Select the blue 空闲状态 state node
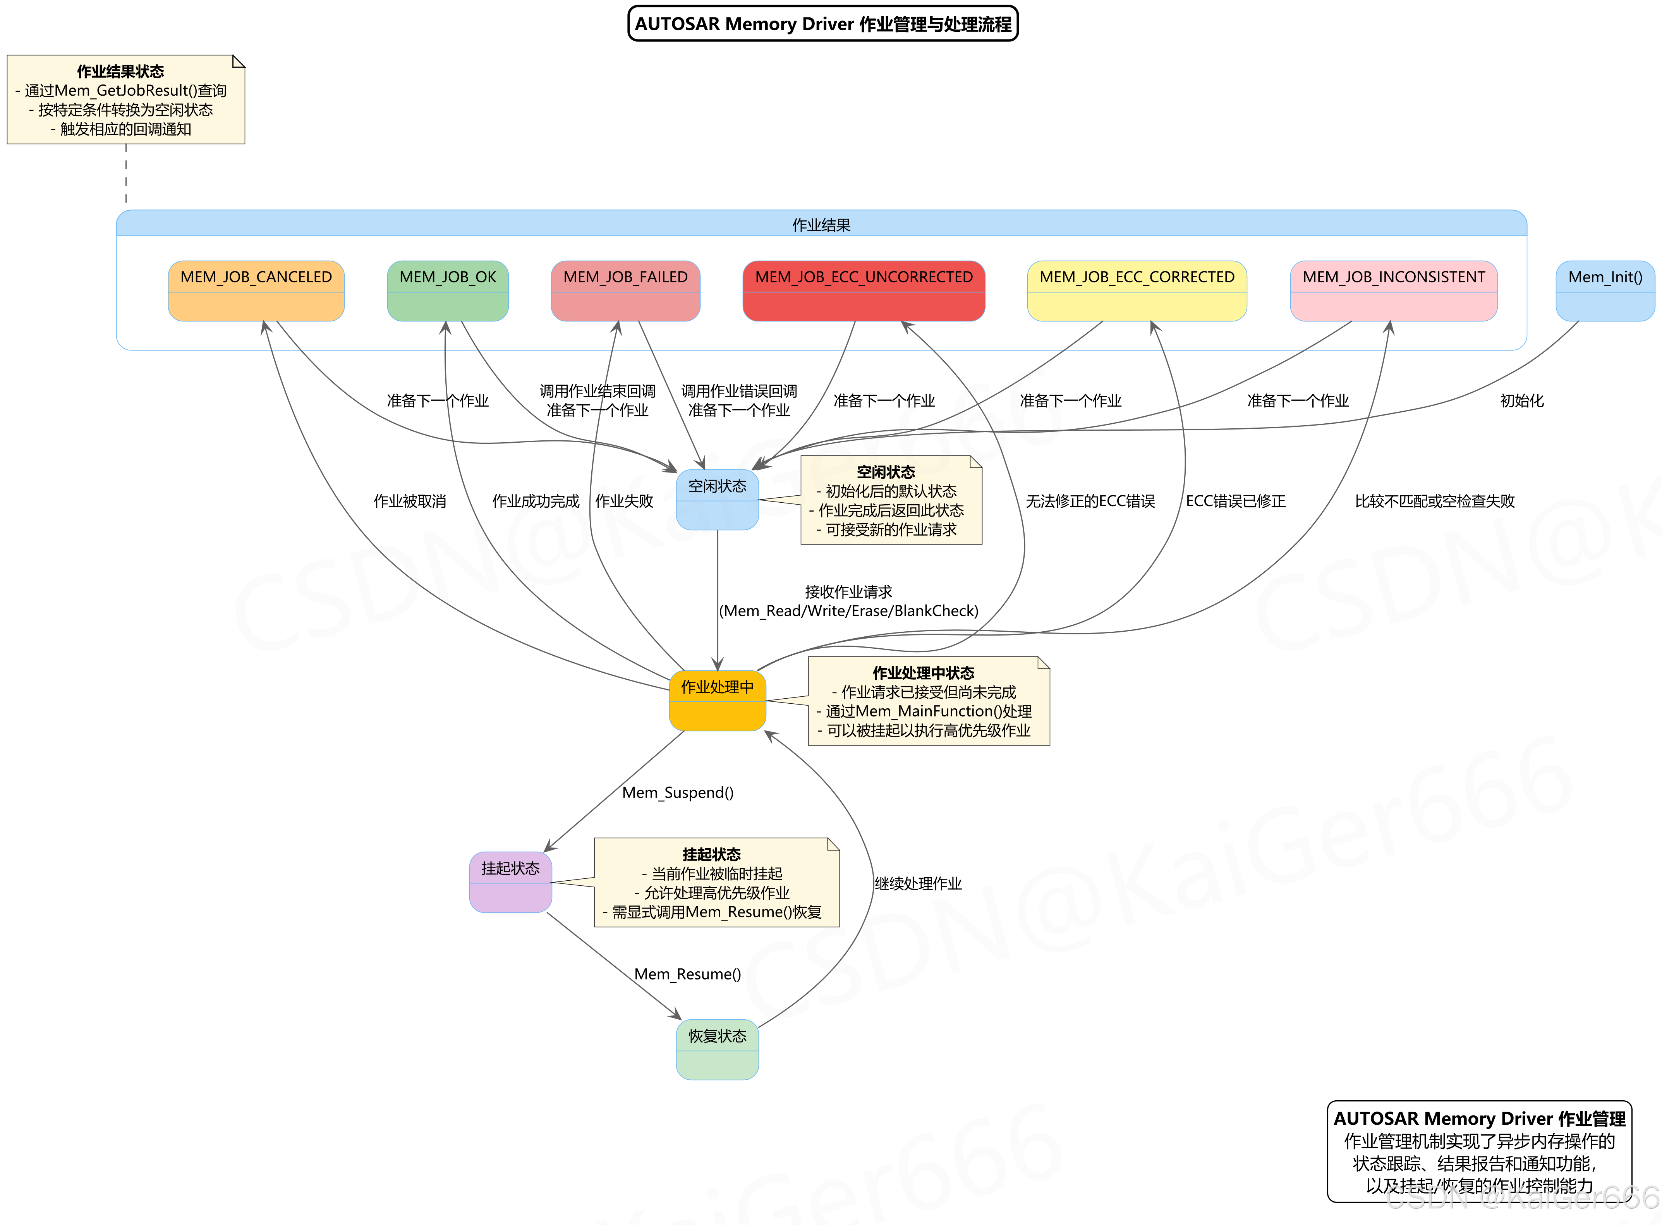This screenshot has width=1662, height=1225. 717,499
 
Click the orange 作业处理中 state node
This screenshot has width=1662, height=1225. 717,700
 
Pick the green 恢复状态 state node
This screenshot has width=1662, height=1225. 717,1048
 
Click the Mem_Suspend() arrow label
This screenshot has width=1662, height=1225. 678,792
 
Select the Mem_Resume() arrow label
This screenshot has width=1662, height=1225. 687,974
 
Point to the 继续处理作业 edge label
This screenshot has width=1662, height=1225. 918,883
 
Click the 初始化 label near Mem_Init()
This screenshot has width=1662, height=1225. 1521,400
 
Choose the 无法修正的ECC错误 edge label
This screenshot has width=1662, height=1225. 1090,501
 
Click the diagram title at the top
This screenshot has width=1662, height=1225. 823,24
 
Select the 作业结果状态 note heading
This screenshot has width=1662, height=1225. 120,71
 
